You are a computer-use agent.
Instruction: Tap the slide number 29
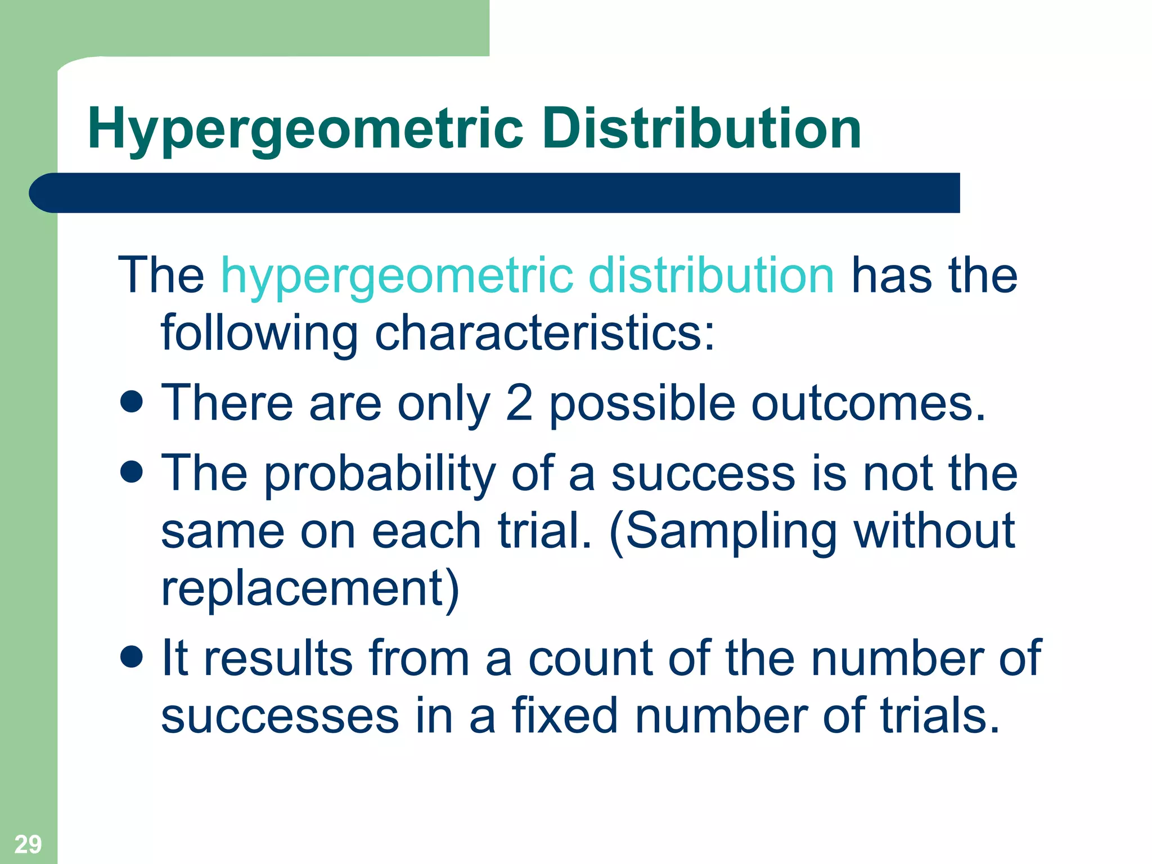coord(28,844)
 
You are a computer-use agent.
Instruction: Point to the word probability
coord(380,474)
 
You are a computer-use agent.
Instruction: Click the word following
coord(259,333)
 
